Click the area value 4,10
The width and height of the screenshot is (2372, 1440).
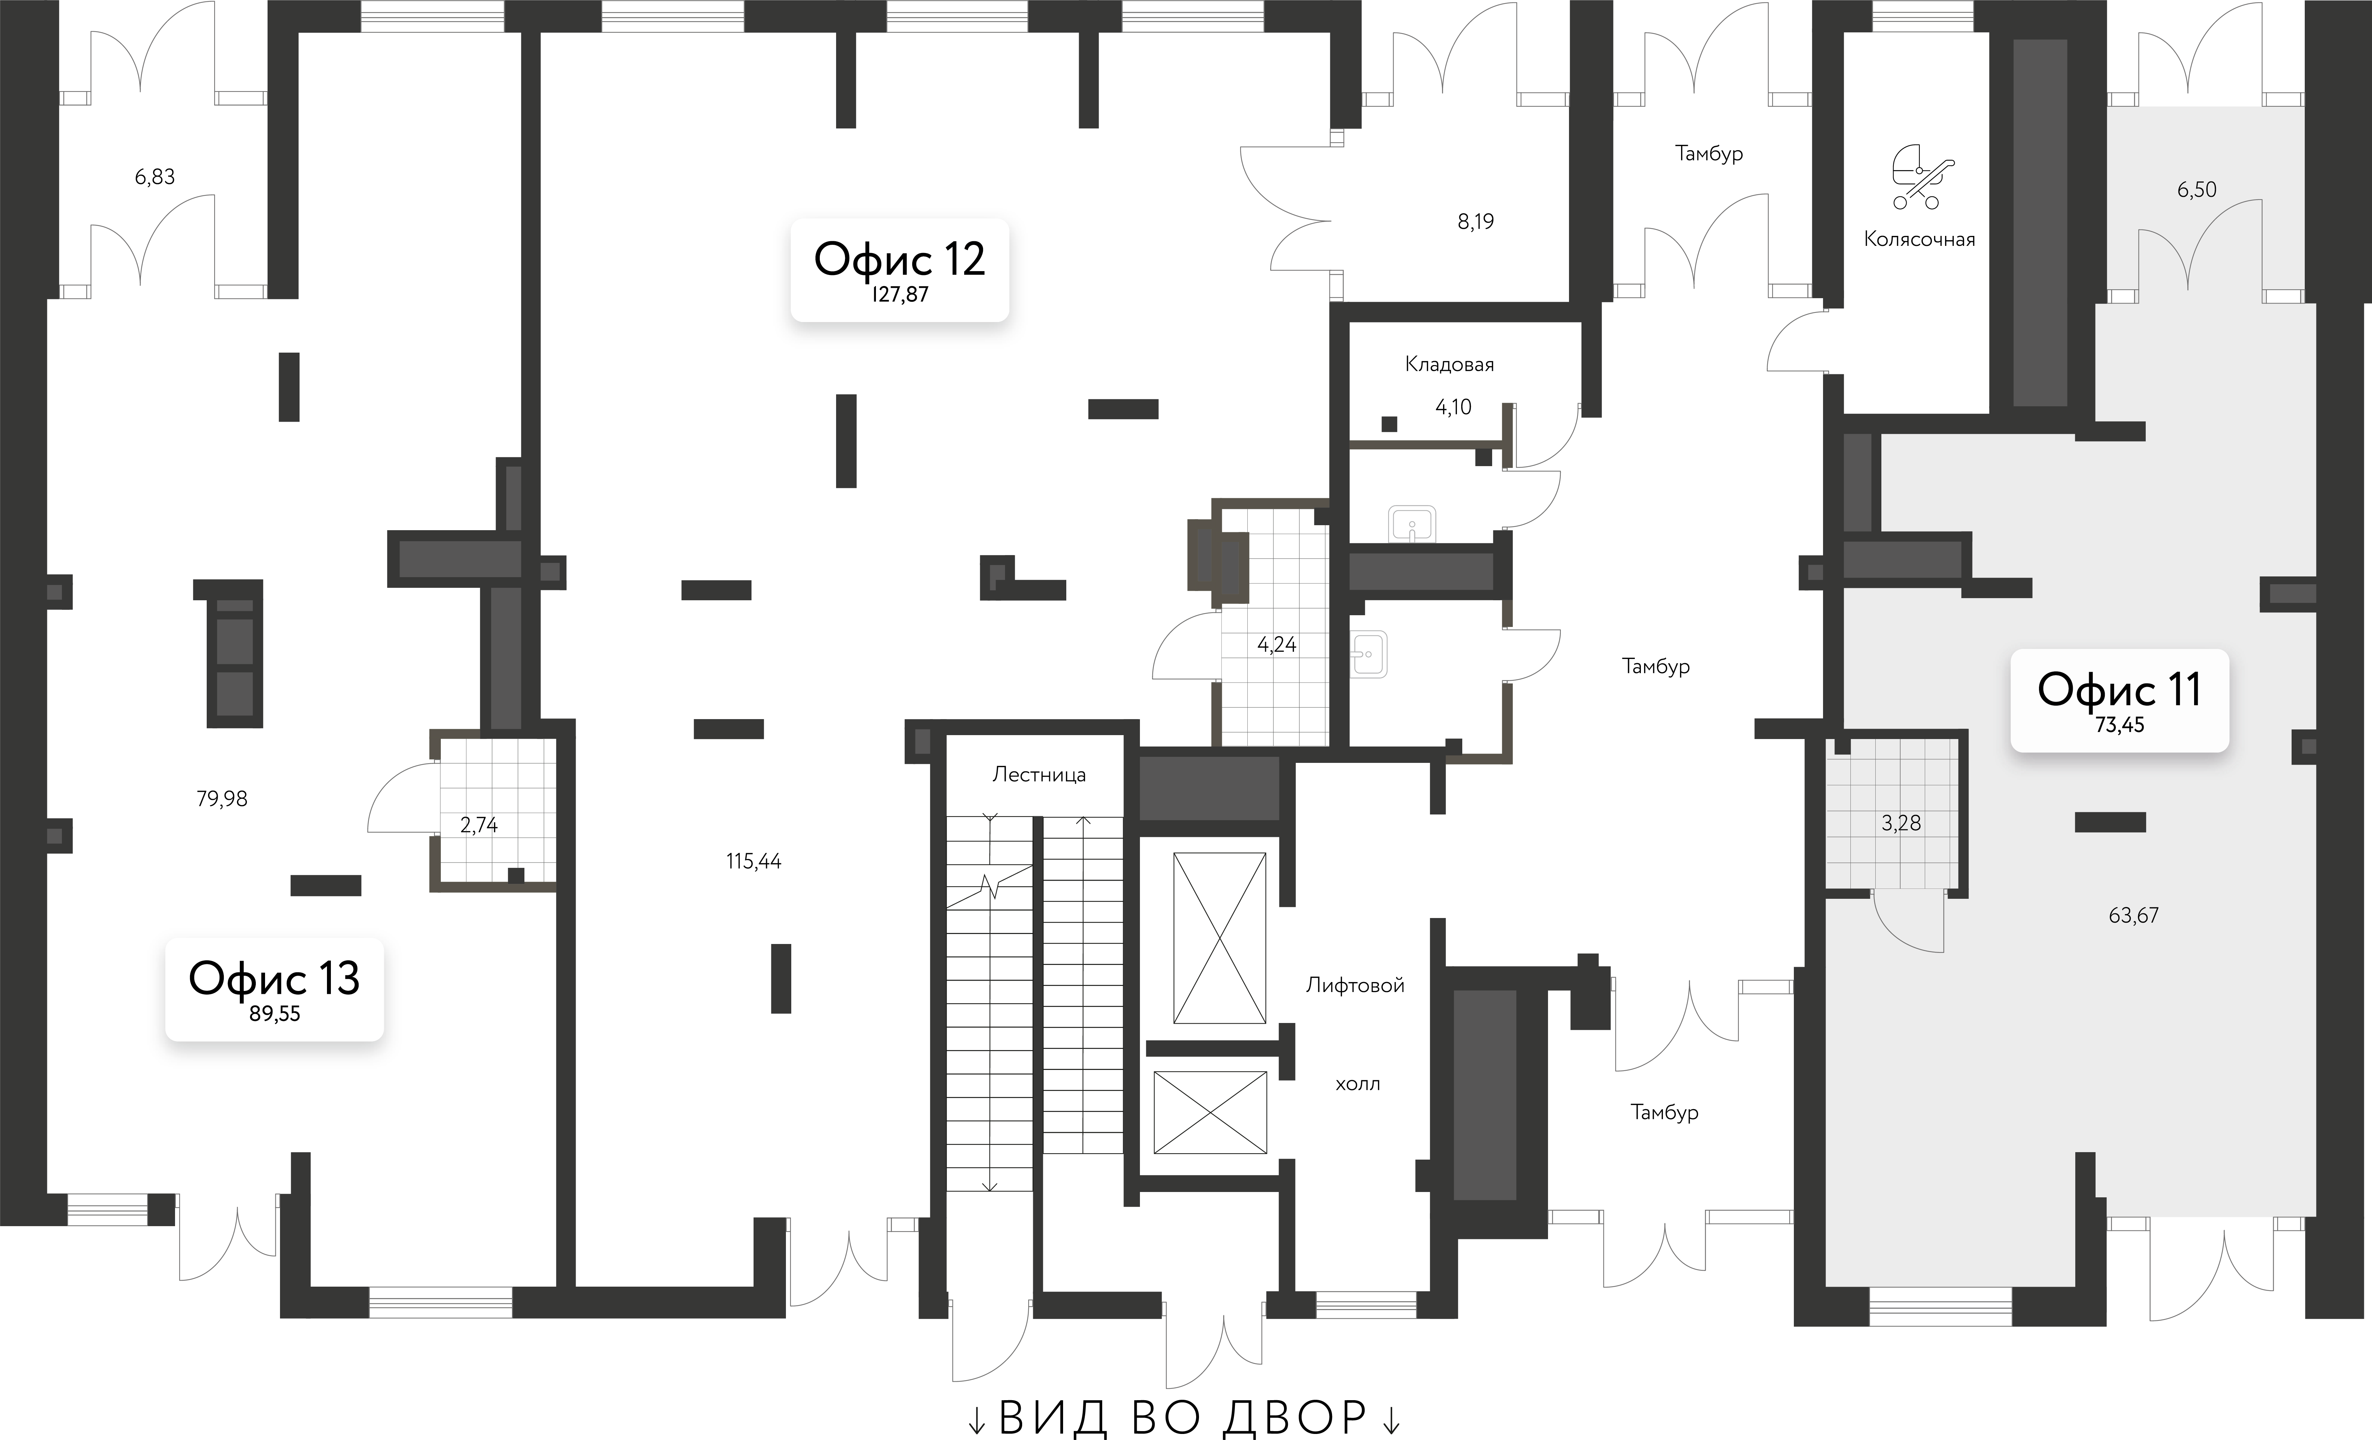coord(1453,407)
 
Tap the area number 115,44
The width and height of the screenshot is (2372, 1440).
coord(754,861)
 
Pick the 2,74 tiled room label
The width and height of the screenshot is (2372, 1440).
coord(479,825)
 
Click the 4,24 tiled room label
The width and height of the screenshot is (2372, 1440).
coord(1277,645)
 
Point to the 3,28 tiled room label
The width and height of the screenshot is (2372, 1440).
coord(1900,823)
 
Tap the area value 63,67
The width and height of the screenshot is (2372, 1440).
coord(2133,916)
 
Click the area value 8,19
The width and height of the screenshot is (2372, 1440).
coord(1475,222)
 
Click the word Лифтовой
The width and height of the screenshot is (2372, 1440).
coord(1354,985)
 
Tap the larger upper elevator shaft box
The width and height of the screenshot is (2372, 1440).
coord(1219,938)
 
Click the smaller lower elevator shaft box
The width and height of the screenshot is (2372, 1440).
coord(1210,1112)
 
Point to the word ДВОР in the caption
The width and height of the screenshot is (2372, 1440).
coord(1296,1417)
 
